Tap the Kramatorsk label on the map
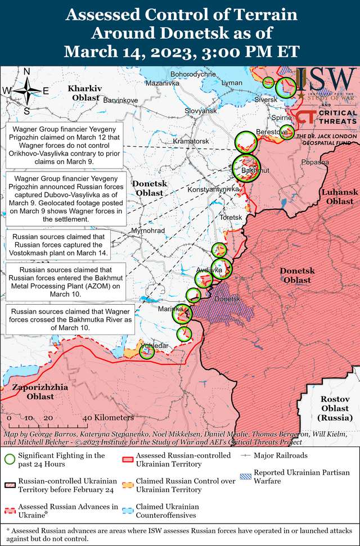click(191, 141)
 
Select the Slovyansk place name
click(201, 111)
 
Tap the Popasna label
click(315, 162)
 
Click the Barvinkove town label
click(120, 100)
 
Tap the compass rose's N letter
click(26, 71)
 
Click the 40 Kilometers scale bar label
click(109, 418)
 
